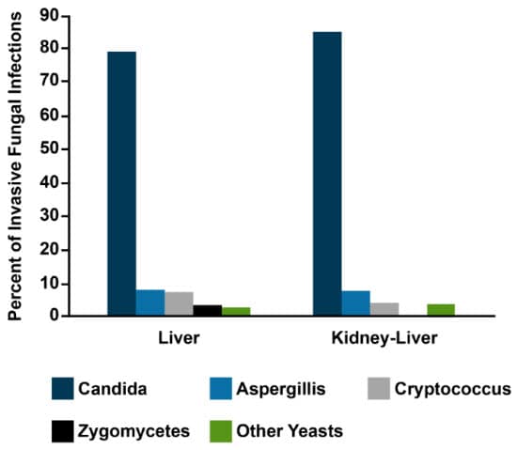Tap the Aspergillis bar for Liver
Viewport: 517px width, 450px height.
coord(150,303)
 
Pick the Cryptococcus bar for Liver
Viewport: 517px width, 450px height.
coord(179,304)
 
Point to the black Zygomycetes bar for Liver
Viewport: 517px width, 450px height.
coord(208,310)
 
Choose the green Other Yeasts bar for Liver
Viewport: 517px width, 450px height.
coord(236,311)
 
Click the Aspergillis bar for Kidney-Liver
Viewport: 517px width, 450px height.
coord(356,303)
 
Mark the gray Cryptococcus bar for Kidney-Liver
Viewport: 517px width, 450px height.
coord(384,309)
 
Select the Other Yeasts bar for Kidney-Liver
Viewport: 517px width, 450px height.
coord(442,310)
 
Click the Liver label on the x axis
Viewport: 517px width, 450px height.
coord(179,336)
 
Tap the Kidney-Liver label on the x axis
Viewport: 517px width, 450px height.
coord(384,336)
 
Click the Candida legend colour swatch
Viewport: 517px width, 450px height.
coord(62,388)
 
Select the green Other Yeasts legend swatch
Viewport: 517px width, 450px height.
coord(220,431)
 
